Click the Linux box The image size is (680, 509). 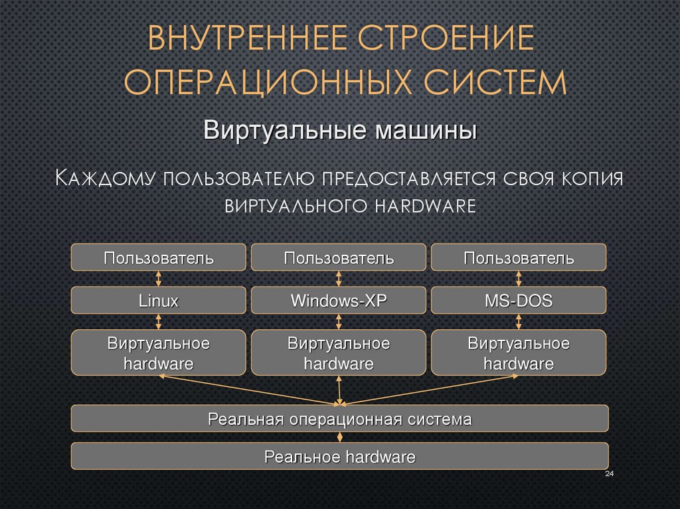pyautogui.click(x=159, y=300)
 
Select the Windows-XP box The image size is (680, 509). pyautogui.click(x=339, y=300)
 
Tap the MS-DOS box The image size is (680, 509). pyautogui.click(x=519, y=300)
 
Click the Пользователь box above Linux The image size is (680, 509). pyautogui.click(x=159, y=257)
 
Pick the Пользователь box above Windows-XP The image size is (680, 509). pyautogui.click(x=339, y=257)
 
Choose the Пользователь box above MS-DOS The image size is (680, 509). pyautogui.click(x=519, y=257)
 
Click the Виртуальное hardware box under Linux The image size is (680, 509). pyautogui.click(x=159, y=353)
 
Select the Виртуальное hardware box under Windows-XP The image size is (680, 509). pyautogui.click(x=339, y=353)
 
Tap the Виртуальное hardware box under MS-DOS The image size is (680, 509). pyautogui.click(x=519, y=353)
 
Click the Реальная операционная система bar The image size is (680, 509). pyautogui.click(x=339, y=419)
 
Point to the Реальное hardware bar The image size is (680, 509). pyautogui.click(x=339, y=457)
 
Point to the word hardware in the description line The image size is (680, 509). pyautogui.click(x=425, y=205)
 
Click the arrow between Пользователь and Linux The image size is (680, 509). pyautogui.click(x=159, y=278)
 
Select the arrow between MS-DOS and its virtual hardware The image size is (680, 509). pyautogui.click(x=519, y=322)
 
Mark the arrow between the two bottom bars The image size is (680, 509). pyautogui.click(x=340, y=437)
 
